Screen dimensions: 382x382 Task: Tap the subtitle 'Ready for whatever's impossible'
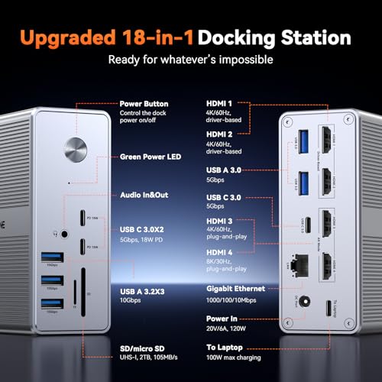(x=190, y=60)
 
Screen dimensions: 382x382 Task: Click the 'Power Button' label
(x=144, y=103)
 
